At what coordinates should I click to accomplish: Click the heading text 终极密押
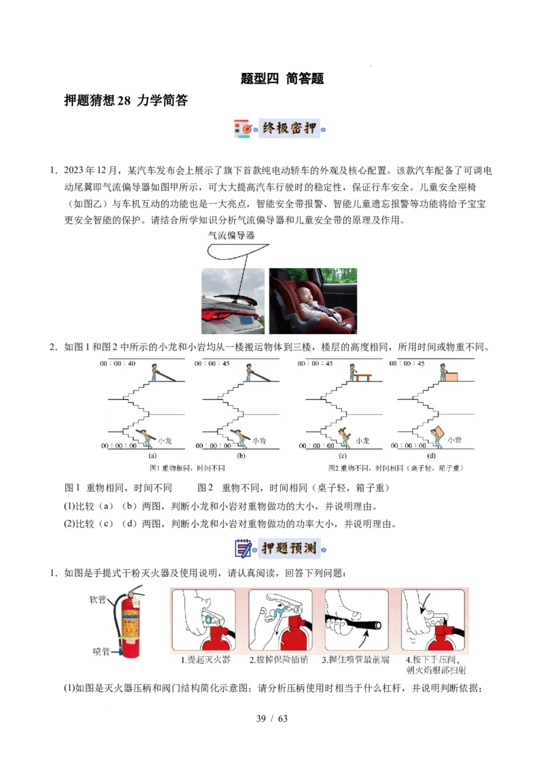(290, 129)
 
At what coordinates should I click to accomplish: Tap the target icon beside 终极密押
(245, 129)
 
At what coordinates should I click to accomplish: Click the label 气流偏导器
(231, 236)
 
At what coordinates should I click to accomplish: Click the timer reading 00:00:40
(118, 363)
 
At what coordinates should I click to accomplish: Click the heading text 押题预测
(290, 548)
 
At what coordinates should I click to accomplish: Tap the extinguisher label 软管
(97, 600)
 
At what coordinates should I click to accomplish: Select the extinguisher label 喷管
(101, 652)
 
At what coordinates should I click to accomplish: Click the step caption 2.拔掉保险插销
(278, 660)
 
